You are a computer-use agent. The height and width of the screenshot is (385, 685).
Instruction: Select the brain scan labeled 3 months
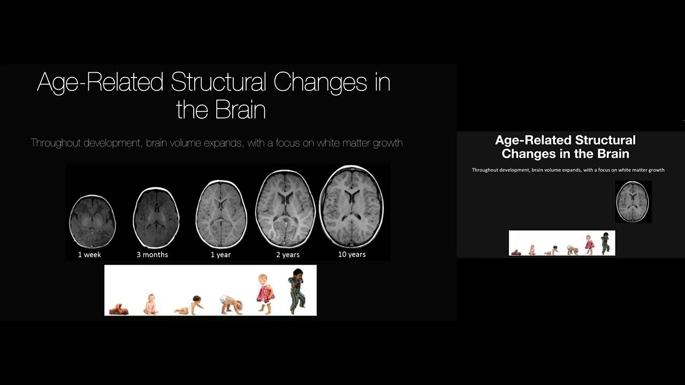point(156,218)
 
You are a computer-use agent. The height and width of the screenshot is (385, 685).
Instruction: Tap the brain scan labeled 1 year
point(221,214)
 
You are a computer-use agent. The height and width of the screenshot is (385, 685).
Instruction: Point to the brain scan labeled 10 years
point(351,206)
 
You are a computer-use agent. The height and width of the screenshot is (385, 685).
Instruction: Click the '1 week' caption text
point(89,255)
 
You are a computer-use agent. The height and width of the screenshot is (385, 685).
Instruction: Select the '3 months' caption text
point(152,255)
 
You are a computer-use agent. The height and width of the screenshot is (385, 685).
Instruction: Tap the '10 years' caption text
point(352,255)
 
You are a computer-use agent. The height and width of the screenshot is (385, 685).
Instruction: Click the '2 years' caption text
point(288,255)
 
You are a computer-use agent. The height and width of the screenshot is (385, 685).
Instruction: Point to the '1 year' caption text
point(220,255)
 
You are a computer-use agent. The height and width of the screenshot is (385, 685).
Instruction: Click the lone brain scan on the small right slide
point(633,202)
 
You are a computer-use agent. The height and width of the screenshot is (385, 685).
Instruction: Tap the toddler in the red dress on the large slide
point(265,294)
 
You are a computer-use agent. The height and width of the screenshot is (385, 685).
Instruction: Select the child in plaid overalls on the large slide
point(296,291)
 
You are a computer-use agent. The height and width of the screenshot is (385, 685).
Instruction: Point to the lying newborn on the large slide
point(118,309)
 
